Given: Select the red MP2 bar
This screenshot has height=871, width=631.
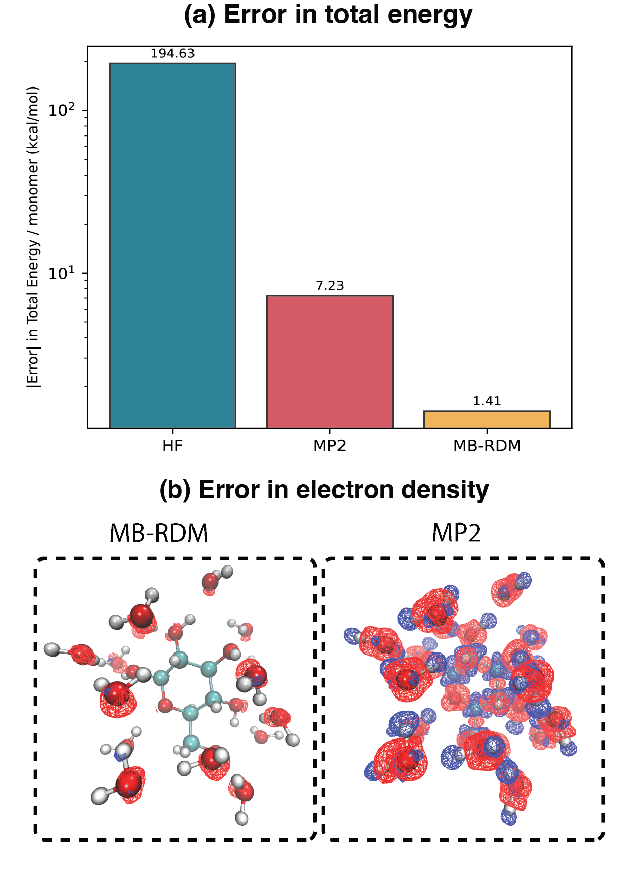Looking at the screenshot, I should pos(329,362).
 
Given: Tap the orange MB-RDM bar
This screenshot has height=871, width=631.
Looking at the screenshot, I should pos(487,419).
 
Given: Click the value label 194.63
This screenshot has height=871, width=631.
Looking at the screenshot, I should pos(172,54).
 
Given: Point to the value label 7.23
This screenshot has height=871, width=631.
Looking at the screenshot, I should pos(329,286).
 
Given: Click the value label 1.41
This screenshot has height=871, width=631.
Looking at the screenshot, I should pos(487,401).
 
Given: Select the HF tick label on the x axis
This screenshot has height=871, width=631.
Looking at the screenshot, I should pos(172,446).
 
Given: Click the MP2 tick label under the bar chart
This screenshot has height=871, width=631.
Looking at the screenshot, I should pos(329,446).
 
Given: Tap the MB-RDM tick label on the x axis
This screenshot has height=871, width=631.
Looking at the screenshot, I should pos(487,446).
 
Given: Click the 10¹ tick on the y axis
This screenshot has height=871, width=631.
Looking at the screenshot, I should pos(61,273).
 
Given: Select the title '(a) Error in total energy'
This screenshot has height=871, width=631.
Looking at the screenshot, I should pos(328,15).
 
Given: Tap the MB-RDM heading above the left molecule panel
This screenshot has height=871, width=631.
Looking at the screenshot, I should pos(159,533).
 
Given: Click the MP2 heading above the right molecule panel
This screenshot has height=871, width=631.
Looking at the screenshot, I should pos(457,533).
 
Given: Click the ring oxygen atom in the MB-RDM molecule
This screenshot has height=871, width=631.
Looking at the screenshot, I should pos(165,704).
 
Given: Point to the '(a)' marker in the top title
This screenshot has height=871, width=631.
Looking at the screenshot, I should pos(200,15).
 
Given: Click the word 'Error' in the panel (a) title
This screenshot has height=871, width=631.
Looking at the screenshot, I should pos(256,15).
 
